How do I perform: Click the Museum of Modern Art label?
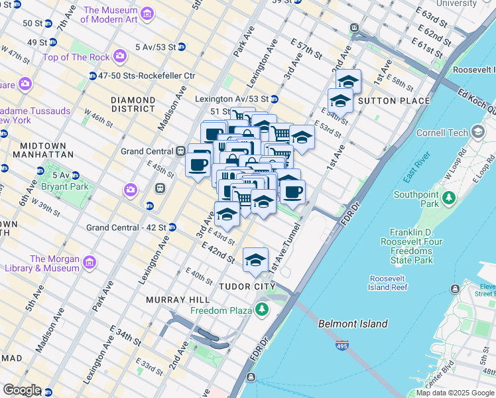111,15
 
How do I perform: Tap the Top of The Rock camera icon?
119,57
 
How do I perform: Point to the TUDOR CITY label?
246,287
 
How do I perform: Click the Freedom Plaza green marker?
263,310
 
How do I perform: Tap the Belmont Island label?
353,324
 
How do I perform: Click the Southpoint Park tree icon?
449,198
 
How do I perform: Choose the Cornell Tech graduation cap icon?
476,132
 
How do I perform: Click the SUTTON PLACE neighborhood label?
385,101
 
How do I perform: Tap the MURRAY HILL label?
176,300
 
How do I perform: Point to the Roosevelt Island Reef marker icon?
455,289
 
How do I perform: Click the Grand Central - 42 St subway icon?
172,228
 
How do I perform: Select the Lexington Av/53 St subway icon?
274,99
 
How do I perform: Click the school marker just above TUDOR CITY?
255,261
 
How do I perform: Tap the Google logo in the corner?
22,390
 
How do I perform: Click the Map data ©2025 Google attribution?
455,393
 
